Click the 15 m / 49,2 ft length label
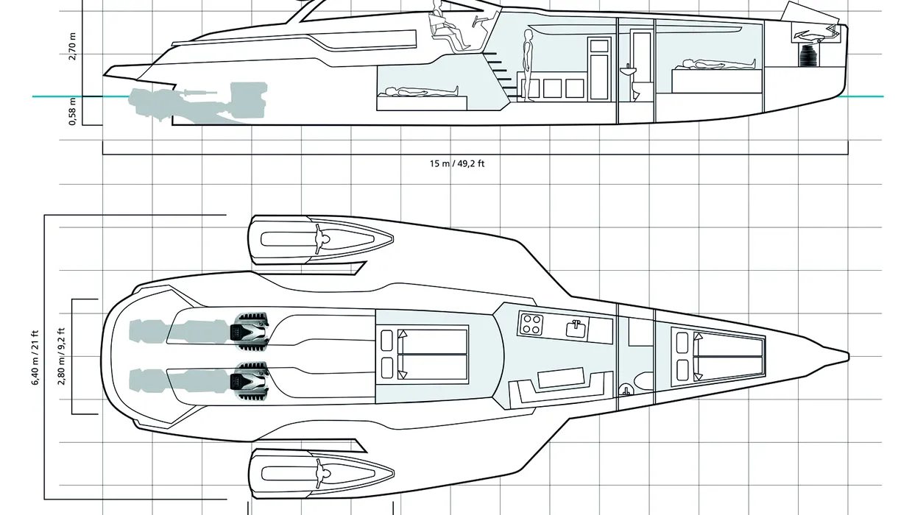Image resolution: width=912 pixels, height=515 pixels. click(x=457, y=163)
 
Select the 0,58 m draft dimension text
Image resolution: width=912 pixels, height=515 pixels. click(x=72, y=110)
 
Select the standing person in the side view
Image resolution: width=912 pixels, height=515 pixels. click(x=527, y=63)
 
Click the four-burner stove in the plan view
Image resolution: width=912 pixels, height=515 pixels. click(x=531, y=323)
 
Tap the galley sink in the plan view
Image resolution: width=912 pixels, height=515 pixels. click(x=575, y=327)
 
